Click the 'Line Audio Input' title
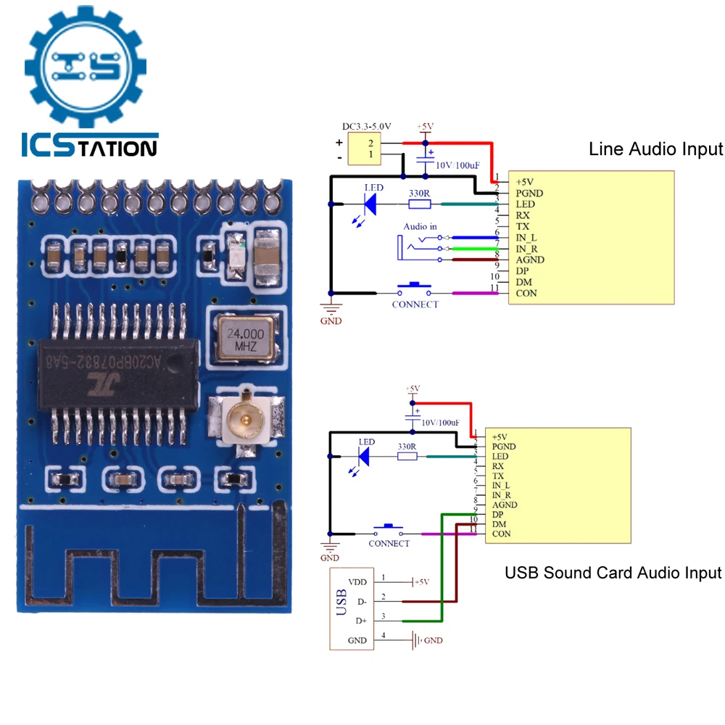coord(655,149)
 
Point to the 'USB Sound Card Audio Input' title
coord(613,573)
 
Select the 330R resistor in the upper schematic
coord(419,204)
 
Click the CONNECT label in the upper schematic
coord(415,304)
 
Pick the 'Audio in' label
coord(420,227)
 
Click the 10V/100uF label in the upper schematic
coord(457,165)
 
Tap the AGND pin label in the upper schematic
coord(529,260)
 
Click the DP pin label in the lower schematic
coord(498,514)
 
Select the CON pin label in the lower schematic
coord(501,534)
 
